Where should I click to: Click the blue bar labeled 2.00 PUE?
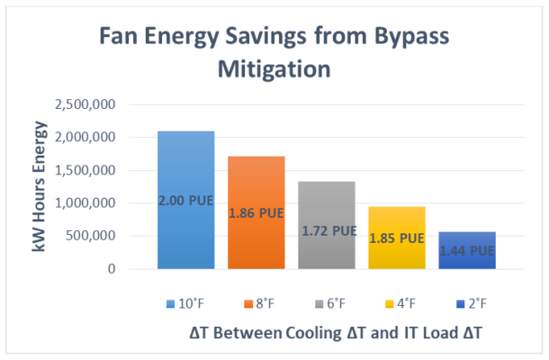pos(185,200)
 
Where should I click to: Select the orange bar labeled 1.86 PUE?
pos(256,212)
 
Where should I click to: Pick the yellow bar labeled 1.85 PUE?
pos(396,238)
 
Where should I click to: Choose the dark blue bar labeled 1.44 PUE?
pos(466,250)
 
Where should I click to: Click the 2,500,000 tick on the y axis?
pos(85,105)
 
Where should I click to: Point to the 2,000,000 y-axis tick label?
pos(85,138)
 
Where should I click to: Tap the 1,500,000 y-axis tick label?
pos(85,171)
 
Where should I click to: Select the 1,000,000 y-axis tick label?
pos(85,203)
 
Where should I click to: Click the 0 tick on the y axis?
pos(112,269)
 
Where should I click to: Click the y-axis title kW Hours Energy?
pos(40,187)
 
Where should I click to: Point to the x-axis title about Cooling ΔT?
pos(336,332)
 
